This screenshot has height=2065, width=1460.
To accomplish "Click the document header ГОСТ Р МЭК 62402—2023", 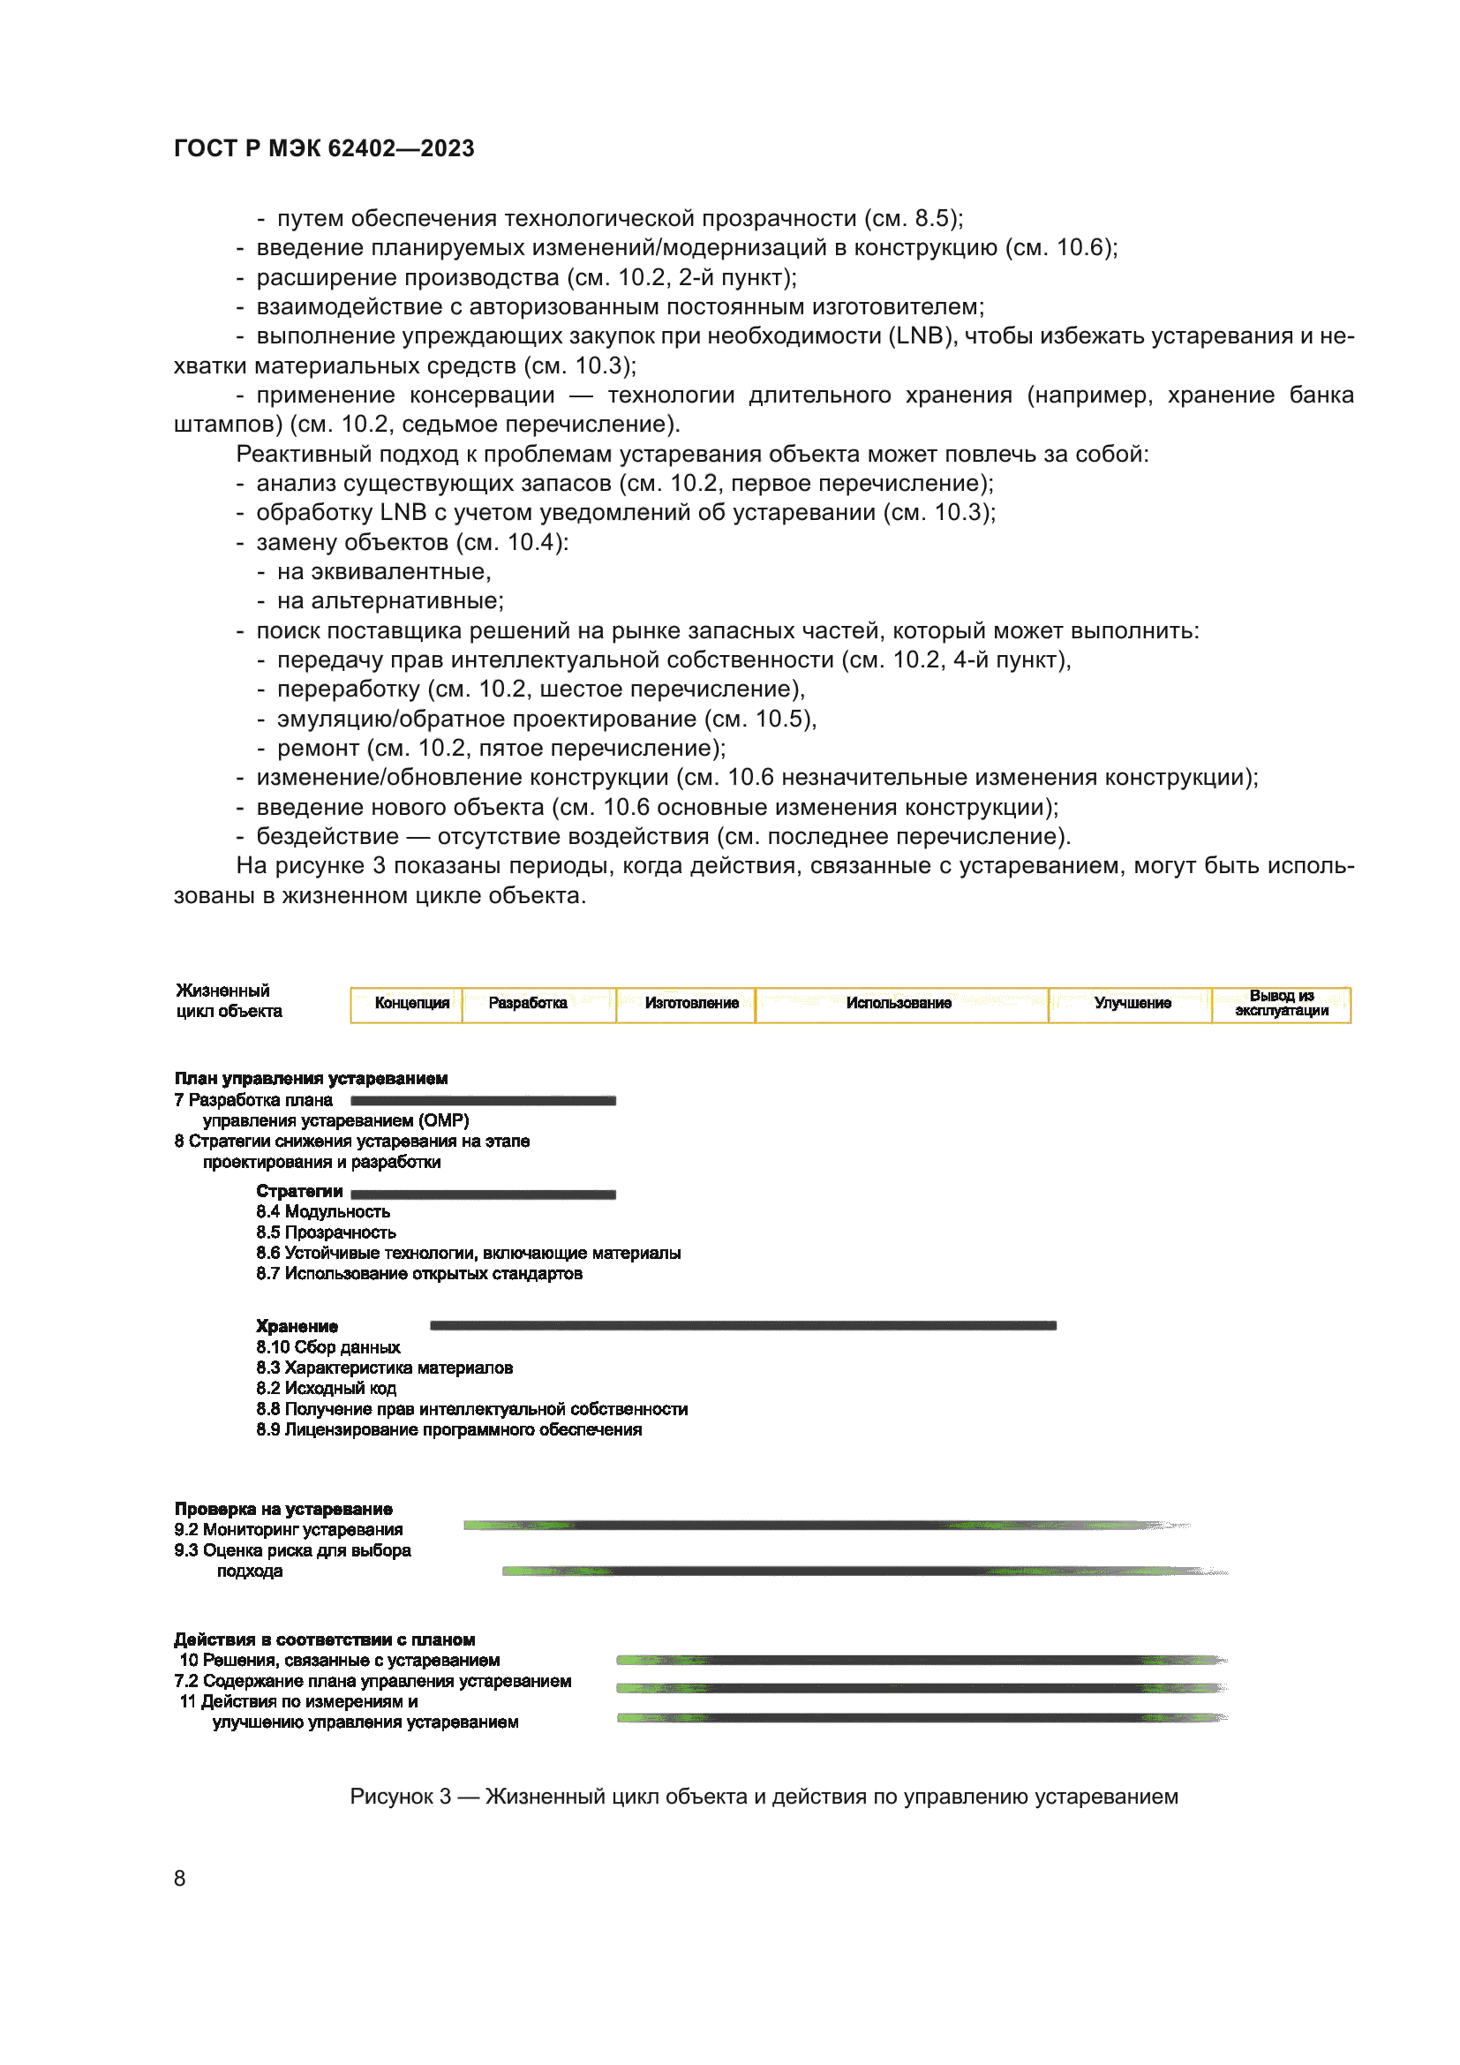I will click(324, 148).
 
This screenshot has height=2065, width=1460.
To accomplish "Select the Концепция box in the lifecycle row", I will click(410, 1003).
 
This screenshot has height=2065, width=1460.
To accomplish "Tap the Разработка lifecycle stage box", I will click(528, 1003).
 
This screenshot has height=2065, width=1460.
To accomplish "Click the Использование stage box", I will click(898, 1003).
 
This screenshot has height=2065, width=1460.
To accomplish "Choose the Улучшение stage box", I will click(1132, 1003).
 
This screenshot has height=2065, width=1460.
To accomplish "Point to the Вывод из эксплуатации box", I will click(1281, 1003).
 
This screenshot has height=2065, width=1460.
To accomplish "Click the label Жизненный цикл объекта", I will click(229, 1000).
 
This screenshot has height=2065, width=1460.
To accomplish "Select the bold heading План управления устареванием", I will click(311, 1078).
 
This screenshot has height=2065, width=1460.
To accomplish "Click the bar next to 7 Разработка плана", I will click(483, 1100).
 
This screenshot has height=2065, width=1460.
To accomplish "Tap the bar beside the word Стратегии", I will click(483, 1195).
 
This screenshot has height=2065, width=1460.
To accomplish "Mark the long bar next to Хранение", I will click(742, 1325).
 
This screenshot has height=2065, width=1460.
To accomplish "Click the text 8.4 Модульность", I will click(323, 1211).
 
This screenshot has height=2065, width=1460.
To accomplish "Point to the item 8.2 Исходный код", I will click(326, 1388).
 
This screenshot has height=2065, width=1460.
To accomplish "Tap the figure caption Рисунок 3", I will click(763, 1796).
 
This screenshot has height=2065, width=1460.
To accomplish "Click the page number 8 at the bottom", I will click(180, 1878).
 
